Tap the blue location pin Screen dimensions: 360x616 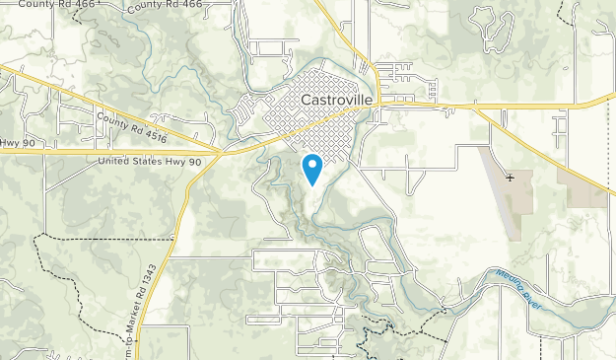tap(311, 168)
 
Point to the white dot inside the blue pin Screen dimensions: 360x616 tap(311, 164)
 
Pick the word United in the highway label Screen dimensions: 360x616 tap(119, 162)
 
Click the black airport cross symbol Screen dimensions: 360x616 tap(510, 178)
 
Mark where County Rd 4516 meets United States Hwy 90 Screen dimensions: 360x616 tap(225, 154)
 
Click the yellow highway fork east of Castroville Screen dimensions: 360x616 tap(485, 105)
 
